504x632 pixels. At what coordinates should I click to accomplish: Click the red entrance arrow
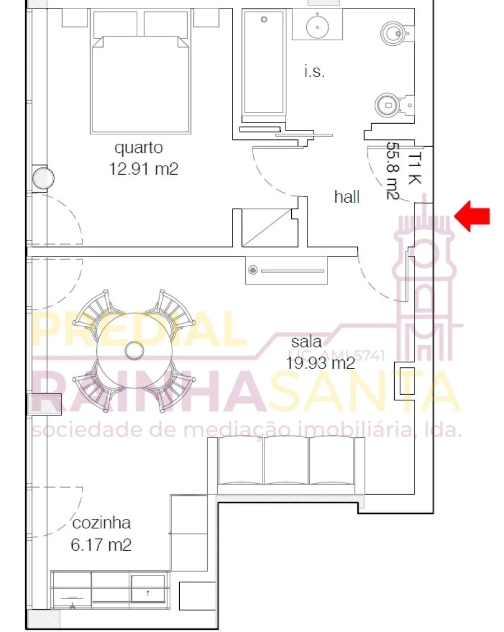click(473, 217)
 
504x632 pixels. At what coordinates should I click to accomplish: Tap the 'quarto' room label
click(139, 148)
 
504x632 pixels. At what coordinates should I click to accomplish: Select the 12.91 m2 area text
click(144, 168)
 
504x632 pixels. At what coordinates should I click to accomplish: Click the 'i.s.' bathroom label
click(314, 72)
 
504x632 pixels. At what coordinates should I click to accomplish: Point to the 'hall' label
click(347, 197)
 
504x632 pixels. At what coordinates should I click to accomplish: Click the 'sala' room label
click(306, 342)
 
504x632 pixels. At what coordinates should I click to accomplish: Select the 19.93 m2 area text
click(320, 363)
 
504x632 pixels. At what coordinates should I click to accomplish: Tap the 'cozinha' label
click(101, 523)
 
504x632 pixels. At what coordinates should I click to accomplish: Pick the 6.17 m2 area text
click(101, 544)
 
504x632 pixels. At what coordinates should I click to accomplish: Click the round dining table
click(134, 351)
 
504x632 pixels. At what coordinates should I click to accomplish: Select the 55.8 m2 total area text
click(392, 171)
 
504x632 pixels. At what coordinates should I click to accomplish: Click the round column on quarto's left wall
click(43, 179)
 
